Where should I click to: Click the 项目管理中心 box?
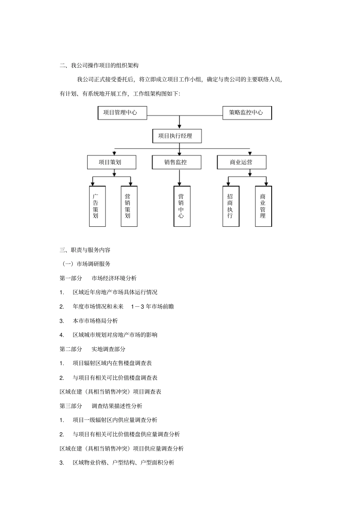pyautogui.click(x=122, y=113)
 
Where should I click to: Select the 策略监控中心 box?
pyautogui.click(x=247, y=113)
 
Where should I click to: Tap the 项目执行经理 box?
pyautogui.click(x=177, y=136)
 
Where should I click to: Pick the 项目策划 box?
pyautogui.click(x=111, y=162)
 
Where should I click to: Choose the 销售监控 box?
pyautogui.click(x=177, y=162)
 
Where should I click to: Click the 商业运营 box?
pyautogui.click(x=241, y=162)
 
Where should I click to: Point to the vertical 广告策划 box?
pyautogui.click(x=97, y=206)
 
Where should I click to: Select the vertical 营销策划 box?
pyautogui.click(x=129, y=206)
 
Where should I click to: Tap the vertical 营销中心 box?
pyautogui.click(x=182, y=206)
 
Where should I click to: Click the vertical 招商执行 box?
pyautogui.click(x=231, y=206)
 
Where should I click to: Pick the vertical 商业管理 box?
pyautogui.click(x=263, y=206)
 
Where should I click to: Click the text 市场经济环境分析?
pyautogui.click(x=114, y=278)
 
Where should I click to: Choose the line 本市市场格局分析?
pyautogui.click(x=95, y=321)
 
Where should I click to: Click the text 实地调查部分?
pyautogui.click(x=108, y=349)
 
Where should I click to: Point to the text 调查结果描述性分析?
pyautogui.click(x=117, y=406)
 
